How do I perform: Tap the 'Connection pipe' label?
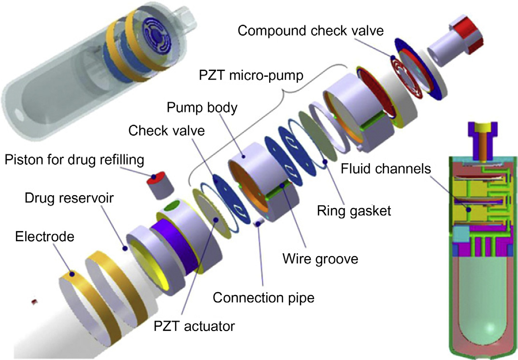[264, 297]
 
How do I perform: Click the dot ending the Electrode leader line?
[71, 274]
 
